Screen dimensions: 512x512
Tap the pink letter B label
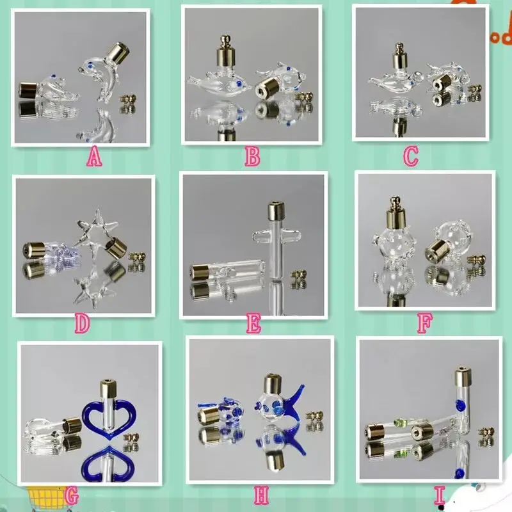tap(252, 157)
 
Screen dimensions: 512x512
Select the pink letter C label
tap(411, 154)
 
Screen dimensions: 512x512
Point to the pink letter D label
tap(81, 325)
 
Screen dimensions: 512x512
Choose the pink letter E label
tap(253, 326)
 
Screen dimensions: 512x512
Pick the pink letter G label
tap(72, 495)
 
